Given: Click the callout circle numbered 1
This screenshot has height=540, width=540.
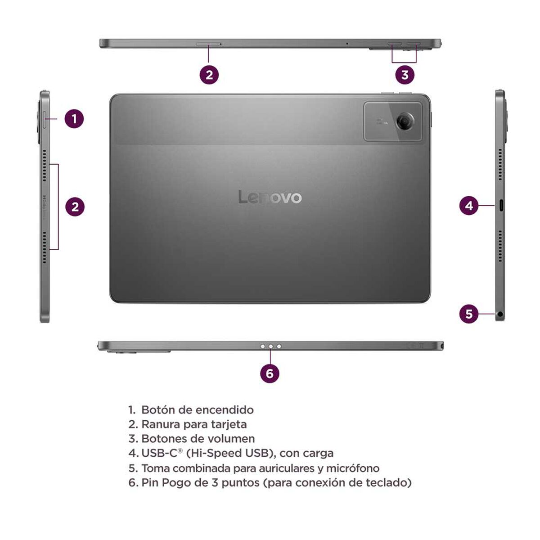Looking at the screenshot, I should (74, 119).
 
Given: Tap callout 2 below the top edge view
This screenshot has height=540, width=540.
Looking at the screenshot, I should (209, 74).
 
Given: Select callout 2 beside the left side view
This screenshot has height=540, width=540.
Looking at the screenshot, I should (75, 207).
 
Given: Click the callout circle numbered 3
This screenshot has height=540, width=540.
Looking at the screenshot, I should (405, 74).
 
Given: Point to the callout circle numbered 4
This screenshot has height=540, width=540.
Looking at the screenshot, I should (469, 206).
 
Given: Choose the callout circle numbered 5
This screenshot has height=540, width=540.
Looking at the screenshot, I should (469, 313).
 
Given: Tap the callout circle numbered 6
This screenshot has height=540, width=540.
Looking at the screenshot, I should (270, 373).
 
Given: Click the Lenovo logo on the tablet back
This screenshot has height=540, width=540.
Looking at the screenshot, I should (270, 197).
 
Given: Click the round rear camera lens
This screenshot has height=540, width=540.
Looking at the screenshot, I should (405, 121).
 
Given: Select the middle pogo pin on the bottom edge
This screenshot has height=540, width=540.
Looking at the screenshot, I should (270, 346).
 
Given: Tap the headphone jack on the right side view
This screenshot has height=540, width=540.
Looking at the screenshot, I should (500, 314).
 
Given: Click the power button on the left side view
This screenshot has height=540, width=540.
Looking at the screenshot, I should (45, 119).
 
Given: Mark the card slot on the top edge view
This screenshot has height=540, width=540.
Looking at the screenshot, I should (208, 44).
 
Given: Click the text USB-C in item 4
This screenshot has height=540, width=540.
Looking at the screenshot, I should (159, 453).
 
